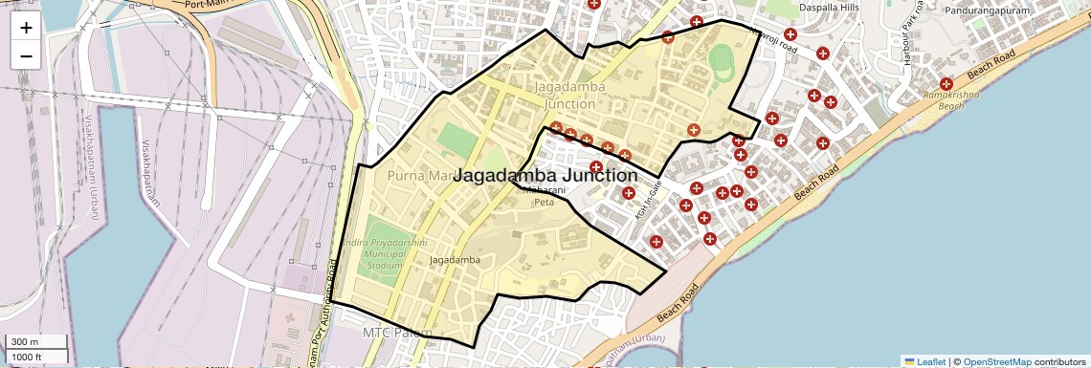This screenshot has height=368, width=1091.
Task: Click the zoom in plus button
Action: tap(26, 27)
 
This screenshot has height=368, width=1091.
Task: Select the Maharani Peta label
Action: tap(544, 196)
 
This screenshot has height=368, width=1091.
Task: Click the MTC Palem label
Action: tap(397, 333)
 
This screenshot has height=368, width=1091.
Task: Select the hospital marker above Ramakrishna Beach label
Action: tap(946, 84)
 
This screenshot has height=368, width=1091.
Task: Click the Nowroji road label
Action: tap(774, 42)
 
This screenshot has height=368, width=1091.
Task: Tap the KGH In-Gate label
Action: tap(649, 200)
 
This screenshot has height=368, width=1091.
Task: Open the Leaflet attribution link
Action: tap(924, 361)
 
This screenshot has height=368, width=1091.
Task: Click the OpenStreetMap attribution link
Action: tap(996, 361)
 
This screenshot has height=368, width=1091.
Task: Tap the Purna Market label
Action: tap(419, 176)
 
